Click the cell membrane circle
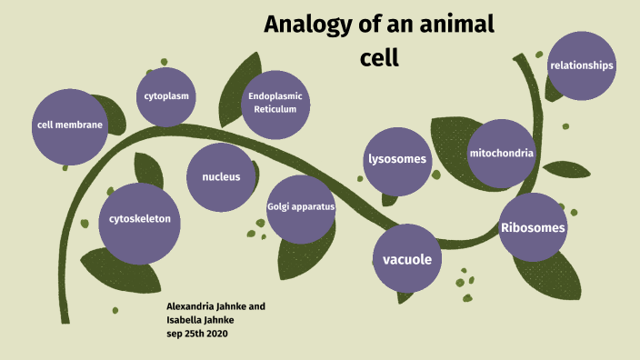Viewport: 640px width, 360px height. click(69, 125)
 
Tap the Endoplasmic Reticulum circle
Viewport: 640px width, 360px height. click(275, 103)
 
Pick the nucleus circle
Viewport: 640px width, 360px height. click(221, 176)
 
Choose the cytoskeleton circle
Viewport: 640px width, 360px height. click(139, 219)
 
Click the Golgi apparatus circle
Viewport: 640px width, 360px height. click(301, 207)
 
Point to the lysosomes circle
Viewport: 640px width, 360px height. click(396, 160)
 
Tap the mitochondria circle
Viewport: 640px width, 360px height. click(501, 154)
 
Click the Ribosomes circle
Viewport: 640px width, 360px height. click(533, 227)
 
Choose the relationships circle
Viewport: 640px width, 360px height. click(582, 65)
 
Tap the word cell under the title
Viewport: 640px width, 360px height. click(380, 57)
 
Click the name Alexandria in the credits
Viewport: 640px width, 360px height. click(195, 306)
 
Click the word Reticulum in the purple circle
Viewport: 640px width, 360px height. click(275, 110)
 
